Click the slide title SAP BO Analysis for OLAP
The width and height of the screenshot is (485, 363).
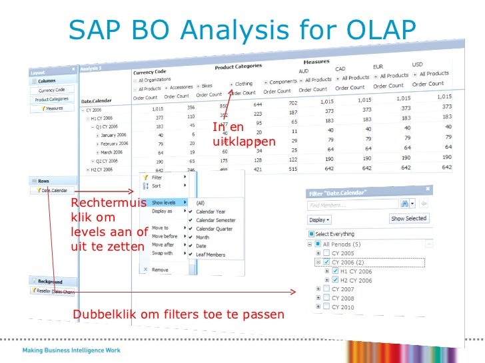242,29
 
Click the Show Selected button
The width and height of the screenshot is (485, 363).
409,218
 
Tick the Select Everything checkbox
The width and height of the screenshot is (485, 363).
311,234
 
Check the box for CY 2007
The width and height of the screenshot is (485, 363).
327,289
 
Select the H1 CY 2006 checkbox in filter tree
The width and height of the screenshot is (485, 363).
335,271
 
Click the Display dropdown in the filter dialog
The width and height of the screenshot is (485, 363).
319,219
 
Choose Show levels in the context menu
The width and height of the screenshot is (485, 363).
165,202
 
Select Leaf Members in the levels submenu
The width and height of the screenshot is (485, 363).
211,255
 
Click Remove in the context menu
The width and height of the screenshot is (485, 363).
160,270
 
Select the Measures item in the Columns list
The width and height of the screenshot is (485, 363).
53,108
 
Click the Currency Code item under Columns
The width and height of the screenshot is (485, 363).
51,90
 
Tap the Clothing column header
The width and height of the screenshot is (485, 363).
244,84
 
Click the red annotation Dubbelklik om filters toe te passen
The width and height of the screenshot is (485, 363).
178,314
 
